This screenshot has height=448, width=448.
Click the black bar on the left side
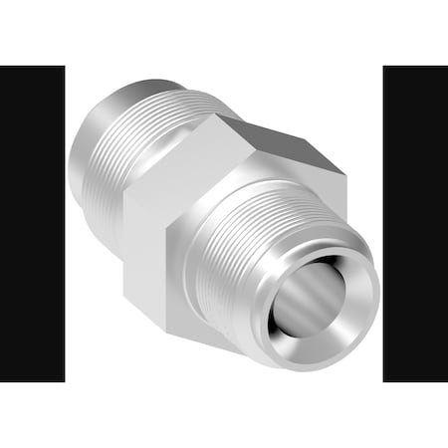[32, 224]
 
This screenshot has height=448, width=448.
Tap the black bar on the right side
[415, 224]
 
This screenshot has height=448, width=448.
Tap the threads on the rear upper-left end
[149, 129]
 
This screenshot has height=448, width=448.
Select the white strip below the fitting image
[224, 413]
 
